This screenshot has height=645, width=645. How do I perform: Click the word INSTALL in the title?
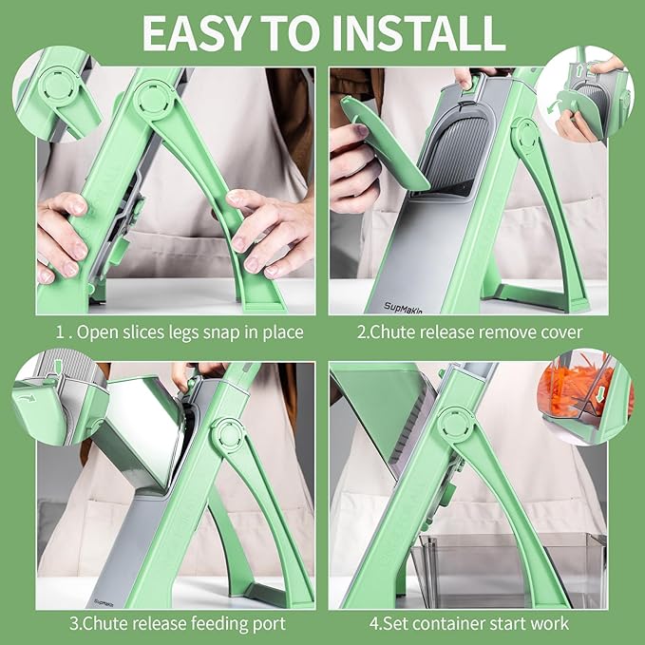click(419, 34)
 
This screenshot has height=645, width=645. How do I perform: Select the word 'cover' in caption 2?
click(561, 332)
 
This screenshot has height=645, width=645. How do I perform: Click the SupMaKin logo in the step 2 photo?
click(403, 307)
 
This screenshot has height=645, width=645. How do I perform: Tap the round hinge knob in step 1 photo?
click(153, 100)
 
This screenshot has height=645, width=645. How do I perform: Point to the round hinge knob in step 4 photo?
click(455, 425)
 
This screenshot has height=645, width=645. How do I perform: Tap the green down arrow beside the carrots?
click(600, 393)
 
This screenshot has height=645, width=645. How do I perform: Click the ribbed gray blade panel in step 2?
click(459, 157)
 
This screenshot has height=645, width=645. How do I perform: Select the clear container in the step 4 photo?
click(508, 570)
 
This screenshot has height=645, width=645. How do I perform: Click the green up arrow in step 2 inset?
click(579, 70)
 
